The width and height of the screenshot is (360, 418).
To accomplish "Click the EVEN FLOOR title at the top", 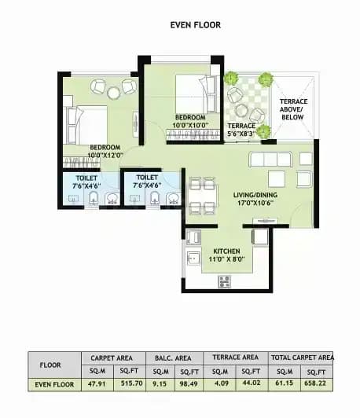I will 196,25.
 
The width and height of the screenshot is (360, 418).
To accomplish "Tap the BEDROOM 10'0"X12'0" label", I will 105,151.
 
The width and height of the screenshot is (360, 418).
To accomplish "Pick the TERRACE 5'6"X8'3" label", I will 241,130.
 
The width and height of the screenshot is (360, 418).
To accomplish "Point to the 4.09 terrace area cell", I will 219,383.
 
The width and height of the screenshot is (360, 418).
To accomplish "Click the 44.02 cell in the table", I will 252,383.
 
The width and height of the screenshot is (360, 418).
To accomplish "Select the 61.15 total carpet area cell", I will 285,383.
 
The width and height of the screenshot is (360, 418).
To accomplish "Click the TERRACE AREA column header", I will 236,357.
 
